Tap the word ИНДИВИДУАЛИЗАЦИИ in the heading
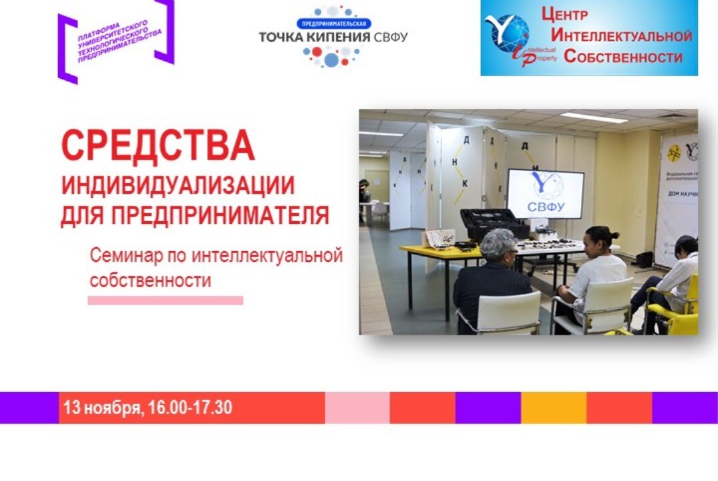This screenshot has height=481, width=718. coord(178,185)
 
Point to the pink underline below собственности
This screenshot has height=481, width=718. coord(166,301)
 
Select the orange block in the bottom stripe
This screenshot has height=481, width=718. coord(554,408)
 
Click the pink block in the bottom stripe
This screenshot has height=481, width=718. coord(357,408)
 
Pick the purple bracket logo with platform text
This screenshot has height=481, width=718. coord(116,39)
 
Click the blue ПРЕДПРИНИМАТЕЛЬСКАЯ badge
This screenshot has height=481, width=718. coord(333,23)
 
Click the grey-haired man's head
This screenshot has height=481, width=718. coord(497,245)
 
